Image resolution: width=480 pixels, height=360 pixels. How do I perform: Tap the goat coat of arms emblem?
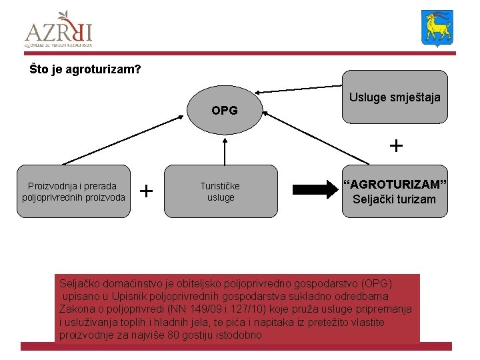click(437, 28)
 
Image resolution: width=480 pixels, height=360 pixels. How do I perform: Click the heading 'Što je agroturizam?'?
click(85, 69)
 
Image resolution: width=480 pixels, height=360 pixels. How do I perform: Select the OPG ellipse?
click(224, 110)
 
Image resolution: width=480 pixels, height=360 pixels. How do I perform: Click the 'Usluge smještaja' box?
click(395, 97)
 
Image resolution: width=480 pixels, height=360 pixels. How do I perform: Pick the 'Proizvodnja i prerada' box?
click(73, 191)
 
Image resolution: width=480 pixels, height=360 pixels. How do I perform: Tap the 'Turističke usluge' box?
click(221, 191)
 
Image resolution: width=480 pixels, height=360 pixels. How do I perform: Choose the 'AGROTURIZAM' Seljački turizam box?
click(395, 191)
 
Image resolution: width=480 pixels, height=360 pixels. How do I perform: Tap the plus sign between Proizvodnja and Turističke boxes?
click(147, 191)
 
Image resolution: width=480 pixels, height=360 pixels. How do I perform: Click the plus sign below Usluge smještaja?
click(396, 145)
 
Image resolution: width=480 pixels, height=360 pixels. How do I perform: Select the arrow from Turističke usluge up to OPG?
click(225, 150)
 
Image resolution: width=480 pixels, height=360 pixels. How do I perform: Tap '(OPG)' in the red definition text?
click(376, 283)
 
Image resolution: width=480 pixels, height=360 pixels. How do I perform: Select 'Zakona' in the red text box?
click(77, 309)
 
